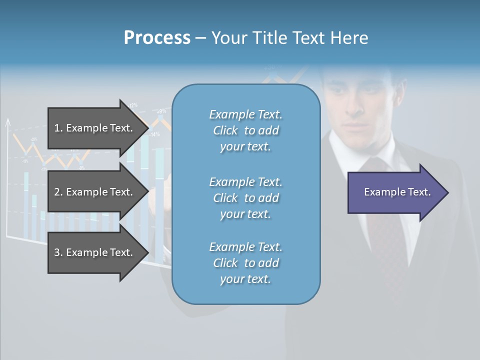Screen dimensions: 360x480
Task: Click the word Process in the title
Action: tap(157, 38)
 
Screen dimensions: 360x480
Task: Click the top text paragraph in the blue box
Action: tap(245, 130)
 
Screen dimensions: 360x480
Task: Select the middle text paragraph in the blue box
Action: tap(245, 198)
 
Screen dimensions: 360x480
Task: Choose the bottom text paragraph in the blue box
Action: tap(245, 263)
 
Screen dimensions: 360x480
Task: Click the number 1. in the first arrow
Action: tap(58, 128)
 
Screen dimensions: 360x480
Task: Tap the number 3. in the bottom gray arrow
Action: tap(58, 252)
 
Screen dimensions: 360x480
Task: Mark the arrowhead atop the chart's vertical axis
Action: tap(7, 121)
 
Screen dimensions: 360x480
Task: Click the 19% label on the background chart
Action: tap(161, 111)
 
